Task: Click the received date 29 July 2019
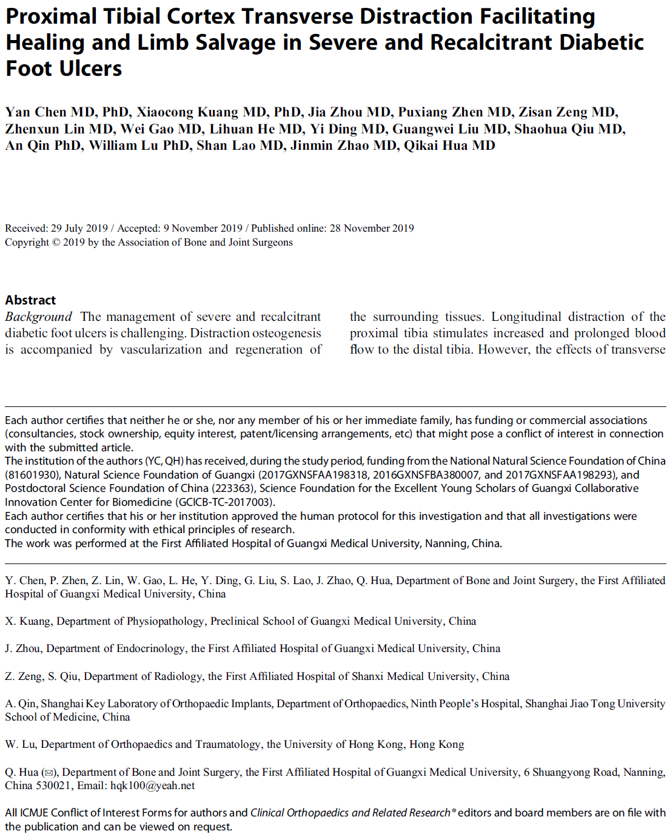(x=79, y=228)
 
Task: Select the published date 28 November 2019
(x=372, y=228)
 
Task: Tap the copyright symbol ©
(x=56, y=243)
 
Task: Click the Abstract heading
(x=30, y=300)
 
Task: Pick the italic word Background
(x=38, y=317)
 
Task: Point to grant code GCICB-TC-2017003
(x=225, y=502)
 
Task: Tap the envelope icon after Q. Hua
(x=49, y=773)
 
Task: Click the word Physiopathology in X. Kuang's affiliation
(x=166, y=621)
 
